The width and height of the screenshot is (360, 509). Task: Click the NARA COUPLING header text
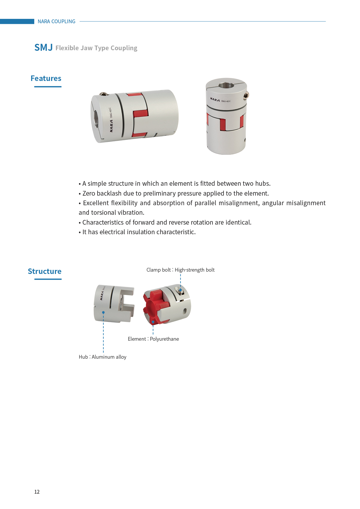tap(56, 21)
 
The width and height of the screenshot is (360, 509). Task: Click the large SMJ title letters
tap(44, 47)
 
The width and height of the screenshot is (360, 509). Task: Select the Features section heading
tap(46, 78)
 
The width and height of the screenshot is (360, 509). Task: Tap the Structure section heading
tap(45, 271)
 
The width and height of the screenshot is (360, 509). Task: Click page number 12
tap(37, 492)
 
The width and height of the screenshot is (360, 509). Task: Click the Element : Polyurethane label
tap(153, 339)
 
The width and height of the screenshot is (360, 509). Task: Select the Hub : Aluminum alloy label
tap(102, 357)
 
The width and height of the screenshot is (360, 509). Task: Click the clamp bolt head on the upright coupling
tap(246, 95)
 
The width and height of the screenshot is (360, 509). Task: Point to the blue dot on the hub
tap(103, 313)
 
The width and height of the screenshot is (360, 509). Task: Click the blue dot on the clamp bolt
tap(180, 290)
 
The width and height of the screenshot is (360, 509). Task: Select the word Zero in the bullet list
tap(89, 193)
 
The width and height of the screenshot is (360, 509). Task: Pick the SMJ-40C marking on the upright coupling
tap(226, 101)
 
